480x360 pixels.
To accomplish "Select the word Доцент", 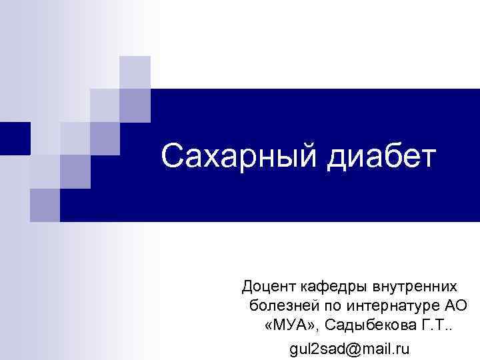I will click(x=265, y=287).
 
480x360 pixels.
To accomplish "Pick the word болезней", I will click(x=279, y=306).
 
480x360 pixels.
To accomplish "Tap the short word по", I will click(x=323, y=306).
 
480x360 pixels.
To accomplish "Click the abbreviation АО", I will click(x=456, y=306).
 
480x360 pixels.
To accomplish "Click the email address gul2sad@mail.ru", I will click(x=350, y=348).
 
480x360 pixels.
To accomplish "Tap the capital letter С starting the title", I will click(x=171, y=157).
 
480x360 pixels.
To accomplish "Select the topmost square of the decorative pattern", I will click(x=135, y=72).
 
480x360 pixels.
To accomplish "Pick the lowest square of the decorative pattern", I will click(x=45, y=205).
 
